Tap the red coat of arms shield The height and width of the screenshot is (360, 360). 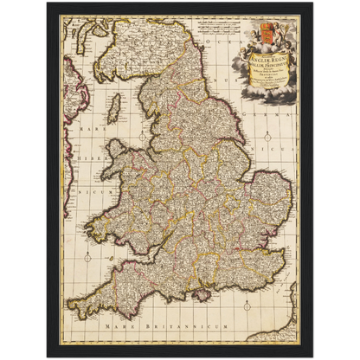(x=266, y=39)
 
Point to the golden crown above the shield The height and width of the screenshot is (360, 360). (x=266, y=25)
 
